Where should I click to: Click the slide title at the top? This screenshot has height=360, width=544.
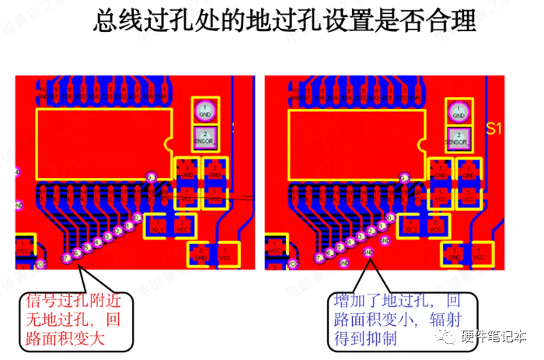(x=284, y=21)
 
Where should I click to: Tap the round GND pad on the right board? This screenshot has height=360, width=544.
(x=459, y=111)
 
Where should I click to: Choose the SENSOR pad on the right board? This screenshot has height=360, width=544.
(x=459, y=138)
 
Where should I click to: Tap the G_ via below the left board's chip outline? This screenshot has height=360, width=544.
(x=152, y=177)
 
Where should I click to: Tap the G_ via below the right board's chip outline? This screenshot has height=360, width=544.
(x=404, y=178)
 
